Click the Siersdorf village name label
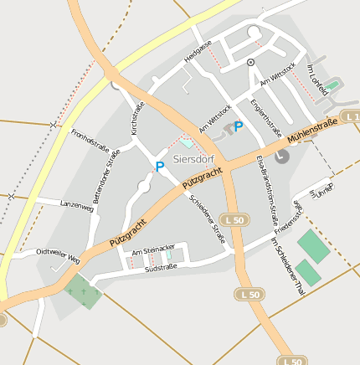point(192,157)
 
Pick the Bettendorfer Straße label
point(107,176)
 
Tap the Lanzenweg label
point(77,208)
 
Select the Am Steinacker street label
point(153,249)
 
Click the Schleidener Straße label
point(208,219)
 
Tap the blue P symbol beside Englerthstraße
point(239,126)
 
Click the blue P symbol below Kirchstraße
point(159,167)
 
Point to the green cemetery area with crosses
point(82,291)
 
